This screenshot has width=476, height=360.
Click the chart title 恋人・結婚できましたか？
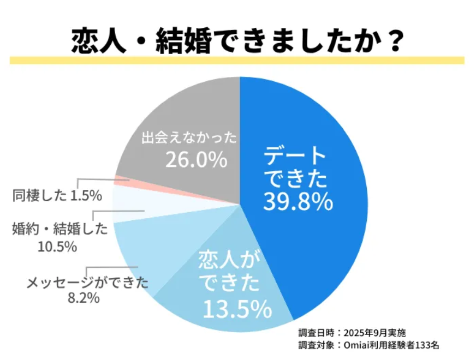[237, 39]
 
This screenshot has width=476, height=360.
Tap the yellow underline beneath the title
[237, 60]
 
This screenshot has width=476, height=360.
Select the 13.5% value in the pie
[237, 309]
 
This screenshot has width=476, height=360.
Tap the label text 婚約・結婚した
[60, 229]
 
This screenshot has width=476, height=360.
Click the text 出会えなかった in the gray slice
[189, 137]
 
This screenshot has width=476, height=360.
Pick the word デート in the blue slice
[294, 157]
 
